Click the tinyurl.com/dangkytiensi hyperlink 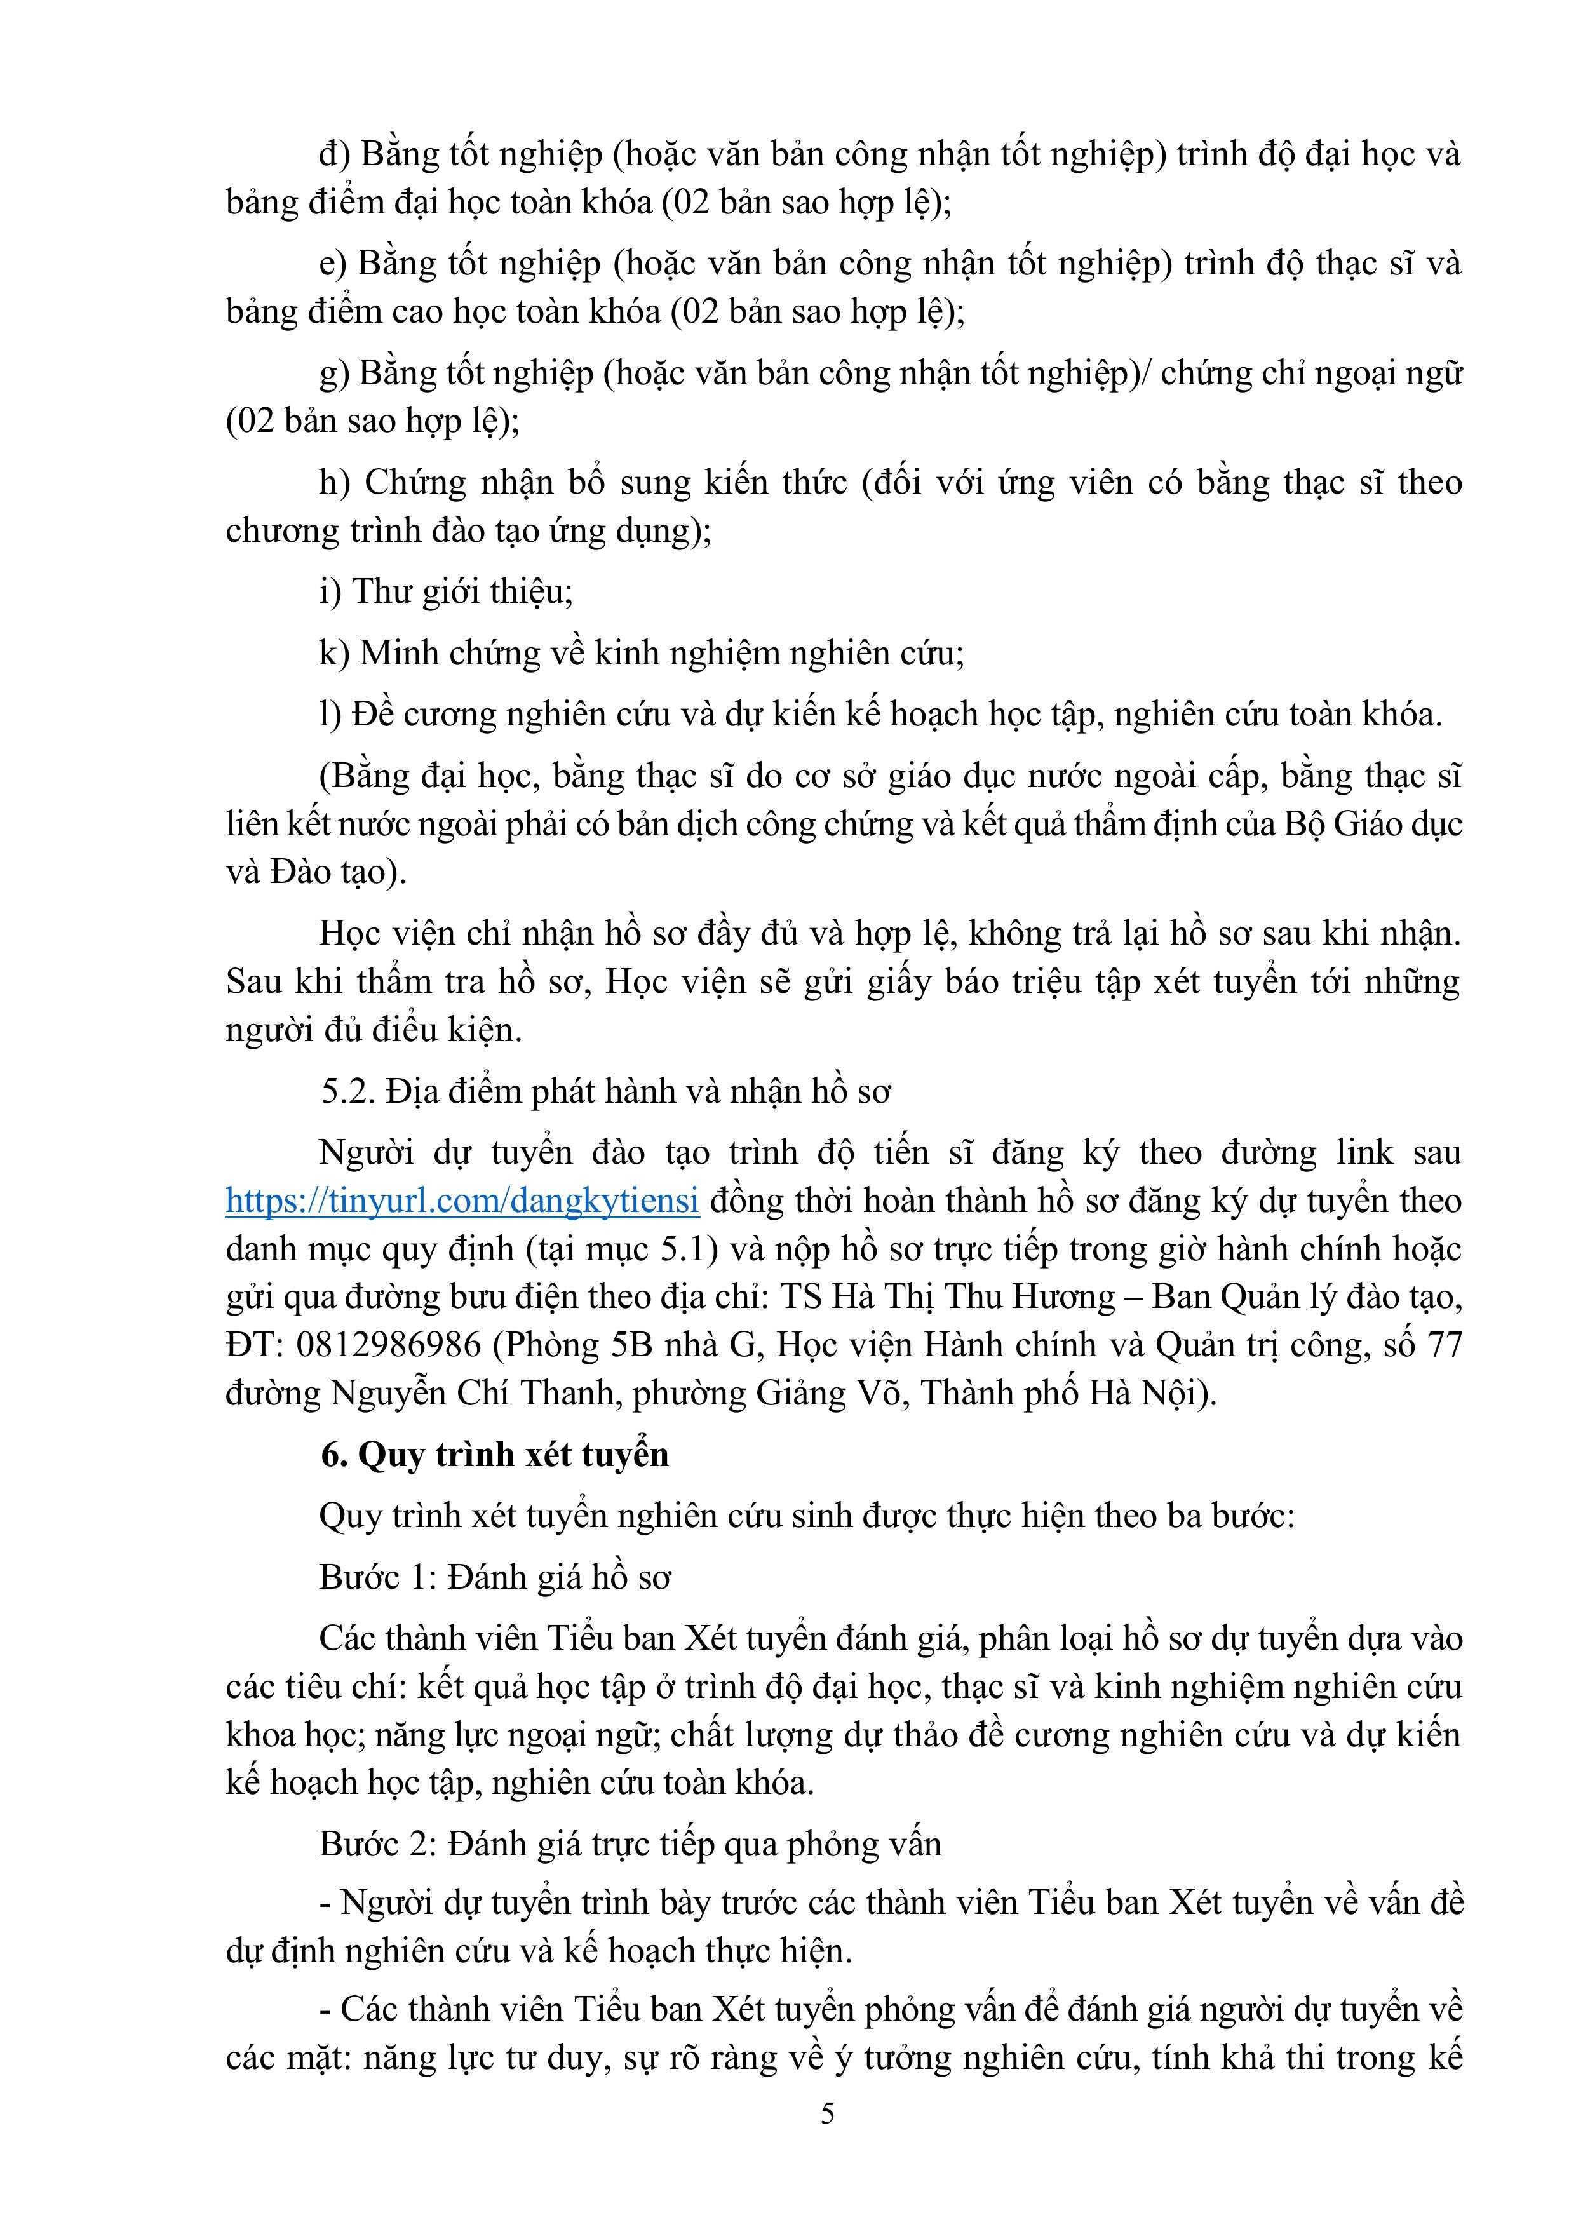pyautogui.click(x=462, y=1202)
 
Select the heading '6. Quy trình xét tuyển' pyautogui.click(x=495, y=1454)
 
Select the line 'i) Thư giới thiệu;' pyautogui.click(x=446, y=591)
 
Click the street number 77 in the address pyautogui.click(x=1443, y=1345)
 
